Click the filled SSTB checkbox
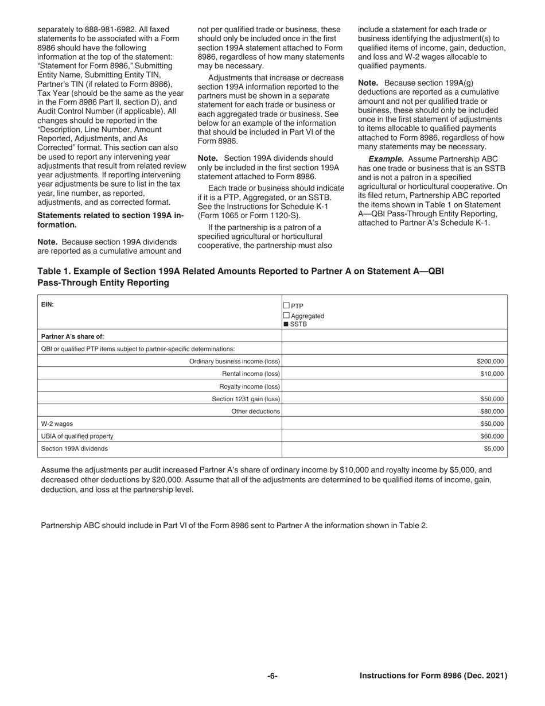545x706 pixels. pos(287,324)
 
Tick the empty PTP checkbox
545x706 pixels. pos(287,305)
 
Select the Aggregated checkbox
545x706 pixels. pos(287,315)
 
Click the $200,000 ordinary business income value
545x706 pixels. pos(490,361)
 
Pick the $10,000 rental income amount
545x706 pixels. pos(492,374)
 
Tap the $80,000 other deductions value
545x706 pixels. pos(492,411)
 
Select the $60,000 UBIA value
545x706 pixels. pos(492,436)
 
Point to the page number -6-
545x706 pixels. pos(272,676)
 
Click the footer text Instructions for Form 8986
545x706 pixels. pos(433,676)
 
